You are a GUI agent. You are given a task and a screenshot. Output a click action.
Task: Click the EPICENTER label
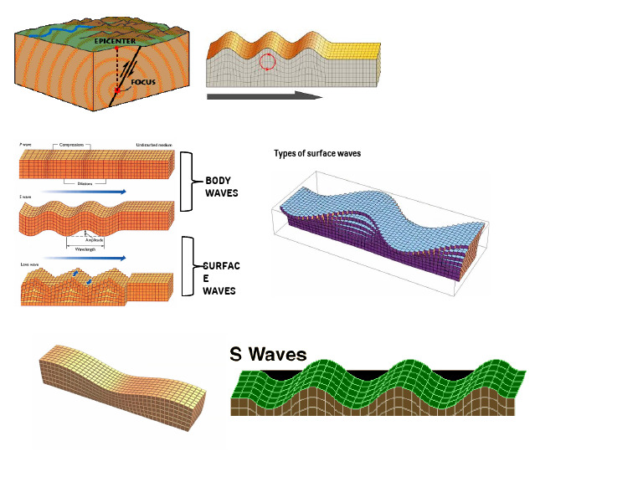114,39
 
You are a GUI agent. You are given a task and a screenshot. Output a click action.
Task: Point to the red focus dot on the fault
118,89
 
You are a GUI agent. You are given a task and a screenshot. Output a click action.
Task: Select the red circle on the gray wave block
267,61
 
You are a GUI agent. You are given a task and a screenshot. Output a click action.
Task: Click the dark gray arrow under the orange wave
264,96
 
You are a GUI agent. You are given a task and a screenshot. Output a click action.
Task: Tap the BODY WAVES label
222,186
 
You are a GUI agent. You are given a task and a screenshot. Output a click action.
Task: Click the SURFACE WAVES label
221,278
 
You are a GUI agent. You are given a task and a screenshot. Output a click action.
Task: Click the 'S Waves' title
268,355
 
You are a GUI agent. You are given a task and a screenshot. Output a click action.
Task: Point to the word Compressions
73,146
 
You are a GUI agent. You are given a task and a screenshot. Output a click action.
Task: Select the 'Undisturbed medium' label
152,146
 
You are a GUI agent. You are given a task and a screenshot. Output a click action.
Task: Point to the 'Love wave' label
29,264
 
